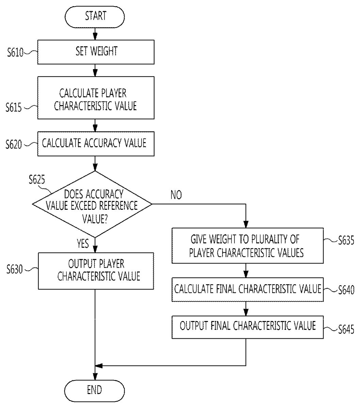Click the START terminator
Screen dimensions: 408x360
tap(95, 16)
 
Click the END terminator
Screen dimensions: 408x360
tap(95, 390)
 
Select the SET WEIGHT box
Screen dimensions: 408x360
tap(96, 52)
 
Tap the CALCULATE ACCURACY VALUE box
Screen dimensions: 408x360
tap(95, 143)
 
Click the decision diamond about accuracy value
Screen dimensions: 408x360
tap(92, 204)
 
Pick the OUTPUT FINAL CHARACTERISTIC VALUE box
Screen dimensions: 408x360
tap(247, 326)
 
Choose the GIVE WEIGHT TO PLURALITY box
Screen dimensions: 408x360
tap(247, 246)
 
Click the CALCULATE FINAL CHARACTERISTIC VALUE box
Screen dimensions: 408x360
tap(247, 289)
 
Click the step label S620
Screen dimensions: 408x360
tap(14, 144)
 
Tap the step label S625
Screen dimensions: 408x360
tap(37, 180)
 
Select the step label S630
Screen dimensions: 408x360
tap(14, 270)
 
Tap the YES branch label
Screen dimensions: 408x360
tap(83, 243)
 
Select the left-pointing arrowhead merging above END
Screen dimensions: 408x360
tap(99, 366)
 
